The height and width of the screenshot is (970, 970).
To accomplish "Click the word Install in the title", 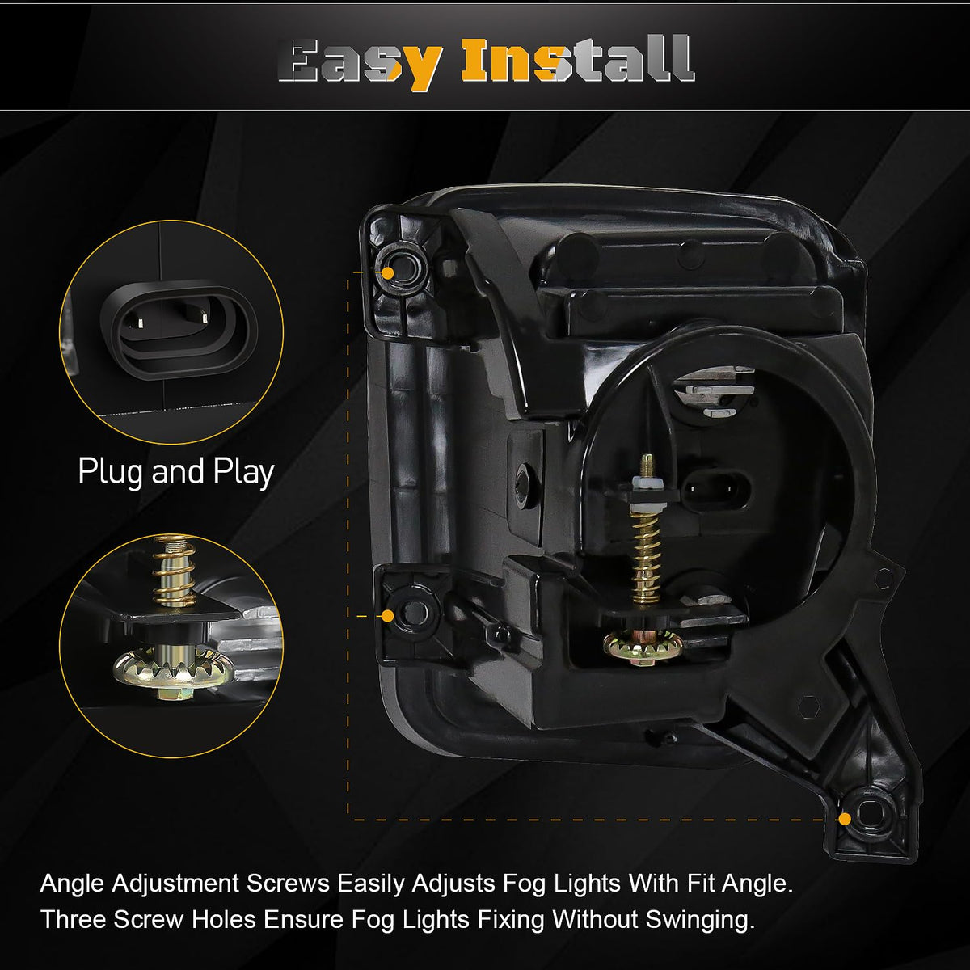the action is click(578, 59).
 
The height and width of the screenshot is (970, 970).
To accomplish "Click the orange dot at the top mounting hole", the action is click(388, 273).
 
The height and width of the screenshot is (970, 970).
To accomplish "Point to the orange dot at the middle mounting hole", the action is click(387, 616).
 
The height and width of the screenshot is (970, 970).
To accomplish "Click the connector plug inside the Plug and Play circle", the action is click(179, 330).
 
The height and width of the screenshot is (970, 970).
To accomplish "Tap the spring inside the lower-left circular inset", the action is click(174, 575).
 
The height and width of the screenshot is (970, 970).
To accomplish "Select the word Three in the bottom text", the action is click(73, 919).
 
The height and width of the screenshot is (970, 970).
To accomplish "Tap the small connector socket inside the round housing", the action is click(717, 489).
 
